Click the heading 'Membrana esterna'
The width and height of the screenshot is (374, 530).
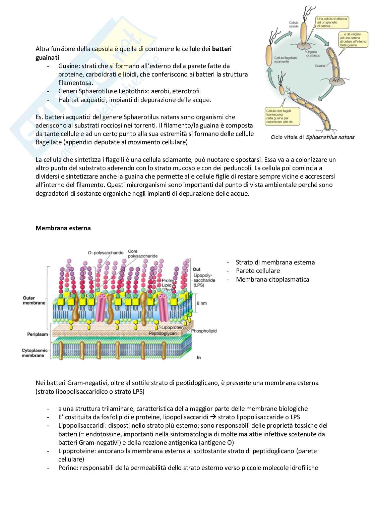coord(63,228)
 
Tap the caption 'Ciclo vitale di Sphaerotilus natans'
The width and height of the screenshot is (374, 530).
coord(313,137)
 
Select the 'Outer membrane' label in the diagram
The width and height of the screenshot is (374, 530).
coord(34,300)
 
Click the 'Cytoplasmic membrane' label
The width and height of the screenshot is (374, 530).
coord(35,353)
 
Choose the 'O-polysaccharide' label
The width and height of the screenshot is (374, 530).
coord(105,253)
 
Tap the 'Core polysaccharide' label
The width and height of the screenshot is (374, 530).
coord(142,253)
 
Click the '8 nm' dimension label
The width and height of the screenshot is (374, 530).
coord(202,303)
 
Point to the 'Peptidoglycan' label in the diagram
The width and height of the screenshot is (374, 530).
coord(163,333)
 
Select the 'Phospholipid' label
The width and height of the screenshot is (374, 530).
coord(204,331)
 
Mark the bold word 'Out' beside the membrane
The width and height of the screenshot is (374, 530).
coord(197,269)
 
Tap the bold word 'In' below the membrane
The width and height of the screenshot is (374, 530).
coord(199,357)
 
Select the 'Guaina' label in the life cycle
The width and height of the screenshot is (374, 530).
coord(320,66)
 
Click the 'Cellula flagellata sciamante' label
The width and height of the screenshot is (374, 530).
coord(286,60)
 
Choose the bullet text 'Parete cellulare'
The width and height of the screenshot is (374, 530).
coord(258,271)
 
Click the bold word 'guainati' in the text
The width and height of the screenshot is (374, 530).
coord(47,57)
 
